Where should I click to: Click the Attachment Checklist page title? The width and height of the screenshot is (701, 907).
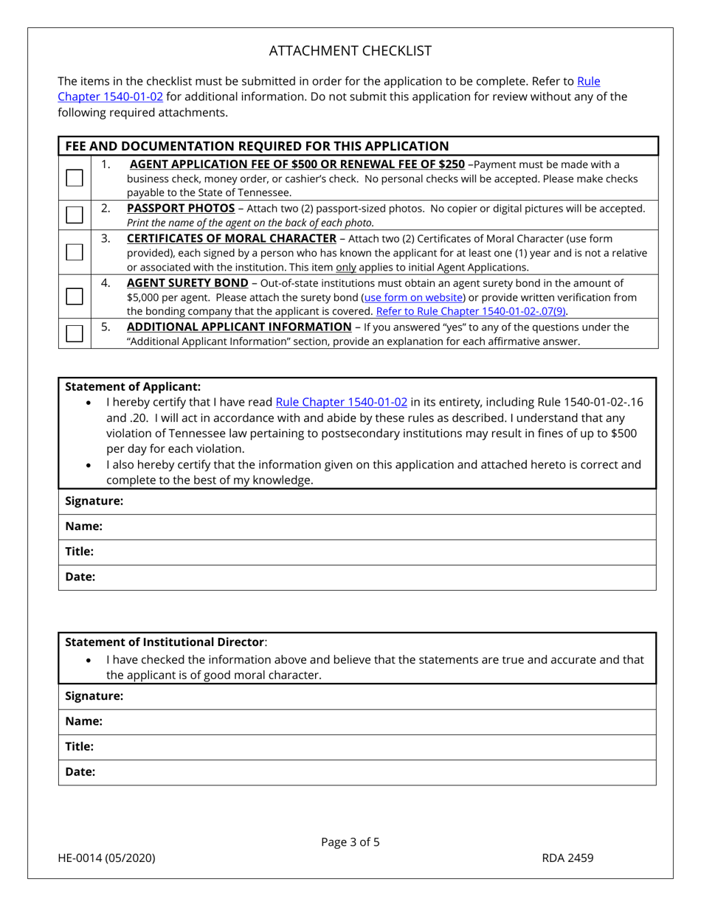pyautogui.click(x=350, y=51)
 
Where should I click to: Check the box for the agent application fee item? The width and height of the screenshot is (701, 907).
pyautogui.click(x=75, y=178)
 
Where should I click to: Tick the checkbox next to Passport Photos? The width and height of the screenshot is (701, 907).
pyautogui.click(x=75, y=215)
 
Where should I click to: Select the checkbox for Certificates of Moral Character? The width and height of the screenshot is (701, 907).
pyautogui.click(x=75, y=251)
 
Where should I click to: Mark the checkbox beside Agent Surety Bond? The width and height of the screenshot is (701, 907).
pyautogui.click(x=75, y=296)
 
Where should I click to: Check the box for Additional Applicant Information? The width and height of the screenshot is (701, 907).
pyautogui.click(x=75, y=333)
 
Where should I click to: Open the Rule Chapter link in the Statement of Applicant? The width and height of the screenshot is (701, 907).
pyautogui.click(x=341, y=402)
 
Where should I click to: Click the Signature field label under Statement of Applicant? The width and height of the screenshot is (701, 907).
pyautogui.click(x=94, y=501)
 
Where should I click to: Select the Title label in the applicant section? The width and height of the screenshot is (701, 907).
pyautogui.click(x=80, y=552)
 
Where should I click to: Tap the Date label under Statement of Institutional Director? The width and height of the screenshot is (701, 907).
pyautogui.click(x=80, y=772)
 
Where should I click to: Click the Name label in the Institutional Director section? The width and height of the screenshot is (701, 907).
pyautogui.click(x=83, y=722)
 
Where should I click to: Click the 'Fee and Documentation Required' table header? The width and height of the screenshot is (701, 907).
pyautogui.click(x=257, y=146)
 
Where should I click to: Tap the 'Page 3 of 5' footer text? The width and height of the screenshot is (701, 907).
pyautogui.click(x=350, y=842)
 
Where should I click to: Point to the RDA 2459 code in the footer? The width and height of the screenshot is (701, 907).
pyautogui.click(x=567, y=858)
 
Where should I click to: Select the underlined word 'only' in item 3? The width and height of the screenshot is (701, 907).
pyautogui.click(x=345, y=267)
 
